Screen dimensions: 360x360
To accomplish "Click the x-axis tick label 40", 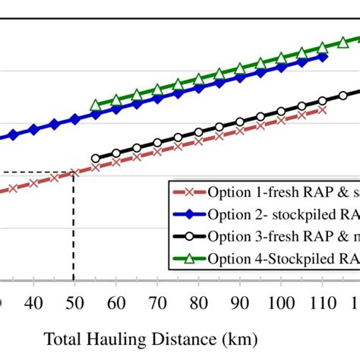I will (33, 302).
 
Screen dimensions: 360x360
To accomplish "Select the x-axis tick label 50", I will (74, 302).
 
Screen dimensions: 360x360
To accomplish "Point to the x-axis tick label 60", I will (115, 302).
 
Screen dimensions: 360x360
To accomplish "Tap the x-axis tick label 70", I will (157, 302).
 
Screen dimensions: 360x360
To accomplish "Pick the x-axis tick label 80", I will (198, 302).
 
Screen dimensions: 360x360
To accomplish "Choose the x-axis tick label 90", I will (240, 302).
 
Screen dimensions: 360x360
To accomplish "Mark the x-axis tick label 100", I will (282, 302).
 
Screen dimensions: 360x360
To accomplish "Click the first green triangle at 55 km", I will (96, 106).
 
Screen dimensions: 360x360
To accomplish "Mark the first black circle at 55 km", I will (96, 159).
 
